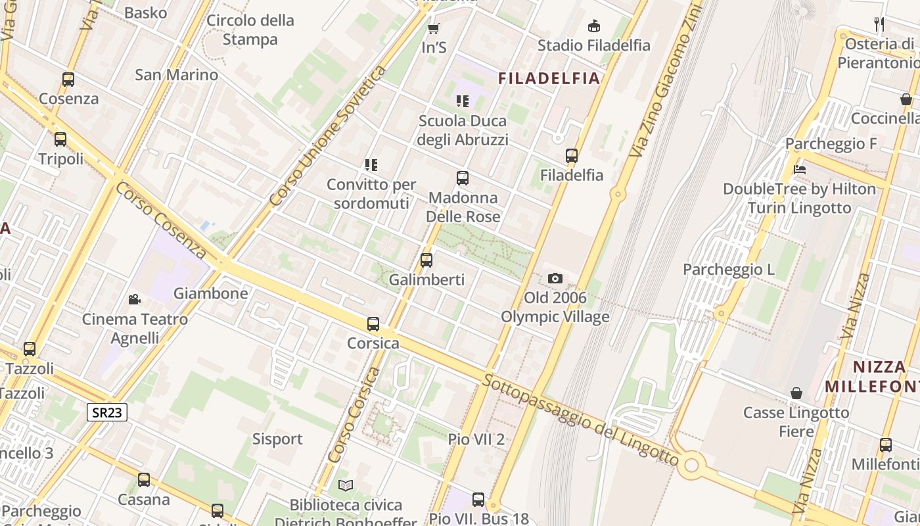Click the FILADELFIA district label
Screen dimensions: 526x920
coord(549,79)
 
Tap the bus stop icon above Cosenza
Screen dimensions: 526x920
coord(68,80)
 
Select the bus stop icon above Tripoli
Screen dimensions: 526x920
coord(60,139)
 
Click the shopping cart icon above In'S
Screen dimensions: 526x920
coord(433,28)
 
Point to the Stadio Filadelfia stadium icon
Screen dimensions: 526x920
coord(594,26)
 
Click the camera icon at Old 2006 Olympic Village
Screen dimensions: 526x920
coord(555,278)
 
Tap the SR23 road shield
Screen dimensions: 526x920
coord(107,412)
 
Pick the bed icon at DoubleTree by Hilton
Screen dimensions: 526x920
coord(800,169)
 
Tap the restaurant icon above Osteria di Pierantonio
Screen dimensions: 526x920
coord(879,24)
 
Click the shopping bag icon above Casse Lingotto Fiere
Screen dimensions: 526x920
coord(796,393)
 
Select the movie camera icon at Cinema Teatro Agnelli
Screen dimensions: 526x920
coord(135,300)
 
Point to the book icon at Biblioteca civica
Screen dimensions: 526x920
coord(346,485)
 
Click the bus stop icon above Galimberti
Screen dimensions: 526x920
coord(426,260)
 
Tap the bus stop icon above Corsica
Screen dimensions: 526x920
coord(373,323)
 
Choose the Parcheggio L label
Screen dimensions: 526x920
coord(729,270)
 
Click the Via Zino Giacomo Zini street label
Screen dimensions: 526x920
coord(665,79)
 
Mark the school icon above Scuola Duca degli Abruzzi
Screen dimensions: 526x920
coord(463,101)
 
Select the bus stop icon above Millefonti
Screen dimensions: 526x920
coord(886,444)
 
